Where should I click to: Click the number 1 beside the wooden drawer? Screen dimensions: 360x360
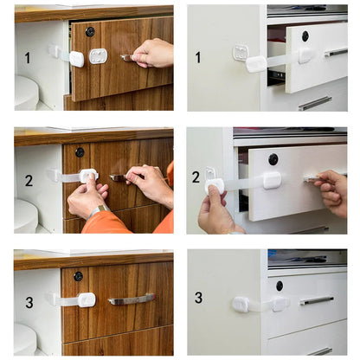[x=27, y=58]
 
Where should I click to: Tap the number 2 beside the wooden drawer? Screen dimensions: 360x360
[x=28, y=181]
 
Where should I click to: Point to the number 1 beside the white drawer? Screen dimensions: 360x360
[x=198, y=57]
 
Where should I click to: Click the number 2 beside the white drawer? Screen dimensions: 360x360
[x=196, y=177]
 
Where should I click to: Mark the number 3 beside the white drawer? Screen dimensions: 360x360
[x=198, y=298]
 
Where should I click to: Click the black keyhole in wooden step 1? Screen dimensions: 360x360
[x=89, y=31]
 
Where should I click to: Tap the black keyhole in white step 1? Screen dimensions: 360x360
[x=305, y=35]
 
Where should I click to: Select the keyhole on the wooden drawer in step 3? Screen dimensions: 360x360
[x=78, y=276]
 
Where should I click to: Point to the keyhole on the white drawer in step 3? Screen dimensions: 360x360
[x=279, y=285]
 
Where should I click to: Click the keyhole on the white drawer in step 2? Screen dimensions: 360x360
[x=273, y=159]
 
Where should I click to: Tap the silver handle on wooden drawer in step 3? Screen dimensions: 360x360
[x=132, y=299]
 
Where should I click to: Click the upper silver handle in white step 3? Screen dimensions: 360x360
[x=317, y=300]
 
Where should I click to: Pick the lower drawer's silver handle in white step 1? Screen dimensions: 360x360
[x=315, y=103]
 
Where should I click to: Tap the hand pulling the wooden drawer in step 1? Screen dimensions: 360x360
[x=154, y=53]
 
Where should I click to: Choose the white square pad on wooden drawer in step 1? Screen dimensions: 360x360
[x=98, y=55]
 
